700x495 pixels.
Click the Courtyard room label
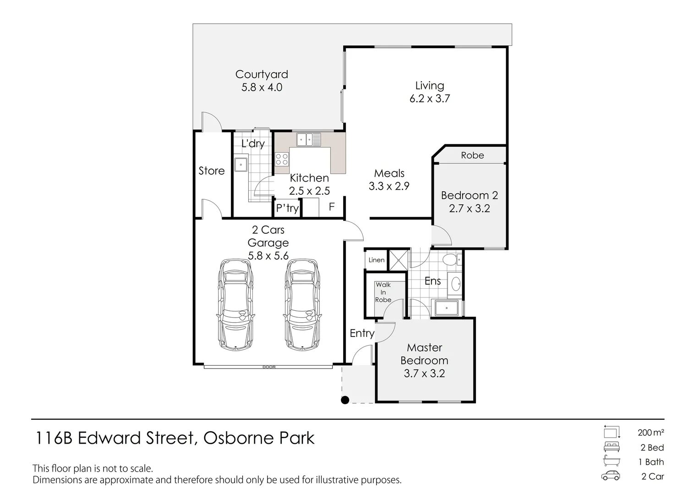tap(262, 74)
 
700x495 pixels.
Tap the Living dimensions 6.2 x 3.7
tap(430, 99)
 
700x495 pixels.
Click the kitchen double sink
tap(309, 139)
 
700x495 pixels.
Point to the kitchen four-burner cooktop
tap(282, 159)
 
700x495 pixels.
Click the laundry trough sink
tap(241, 164)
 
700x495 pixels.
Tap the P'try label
tap(287, 209)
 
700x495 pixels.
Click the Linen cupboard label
tap(377, 260)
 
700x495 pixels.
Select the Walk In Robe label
tap(383, 292)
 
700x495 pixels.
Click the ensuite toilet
tap(450, 260)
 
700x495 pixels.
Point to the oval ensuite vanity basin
tap(456, 285)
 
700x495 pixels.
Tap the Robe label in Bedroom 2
tap(472, 155)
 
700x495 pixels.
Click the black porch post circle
tap(345, 400)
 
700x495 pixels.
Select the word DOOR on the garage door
tap(269, 367)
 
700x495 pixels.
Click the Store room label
tap(212, 171)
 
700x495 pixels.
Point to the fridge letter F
tap(332, 207)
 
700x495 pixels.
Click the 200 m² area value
tap(651, 432)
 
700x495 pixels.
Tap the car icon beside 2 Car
tap(611, 476)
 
